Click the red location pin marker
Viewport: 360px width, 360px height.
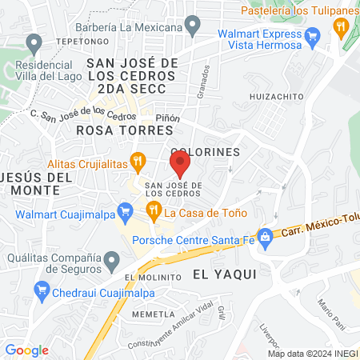pos(180,166)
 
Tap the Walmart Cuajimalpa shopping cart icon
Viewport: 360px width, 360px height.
pos(124,212)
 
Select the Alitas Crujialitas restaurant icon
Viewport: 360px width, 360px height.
pos(138,162)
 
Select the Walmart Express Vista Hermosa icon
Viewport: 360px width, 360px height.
pos(313,35)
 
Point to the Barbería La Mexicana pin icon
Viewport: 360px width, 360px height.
pos(193,28)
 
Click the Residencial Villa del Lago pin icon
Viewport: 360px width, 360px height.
pos(34,42)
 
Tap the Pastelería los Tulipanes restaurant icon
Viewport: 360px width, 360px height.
pos(342,26)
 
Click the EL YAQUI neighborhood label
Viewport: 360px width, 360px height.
pos(224,274)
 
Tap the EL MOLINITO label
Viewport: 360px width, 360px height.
pos(150,277)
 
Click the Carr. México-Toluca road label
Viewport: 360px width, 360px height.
pos(318,230)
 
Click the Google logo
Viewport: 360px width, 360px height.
pos(27,350)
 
